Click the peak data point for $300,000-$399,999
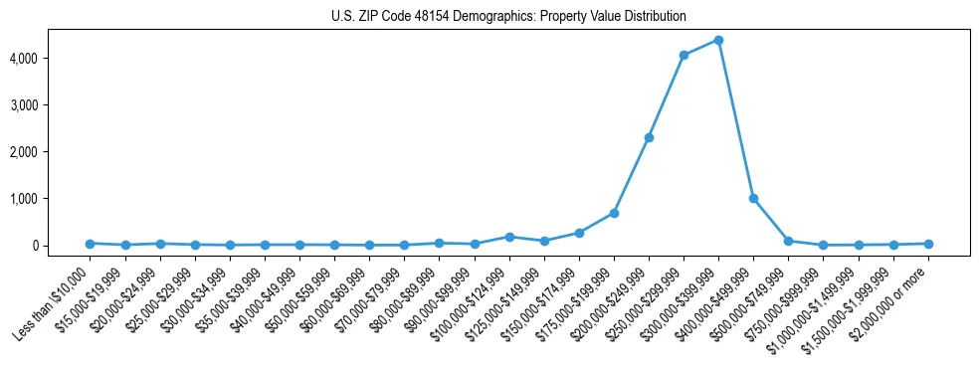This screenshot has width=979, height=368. (x=718, y=41)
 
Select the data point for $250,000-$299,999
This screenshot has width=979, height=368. (x=684, y=56)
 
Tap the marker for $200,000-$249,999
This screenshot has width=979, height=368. (x=649, y=137)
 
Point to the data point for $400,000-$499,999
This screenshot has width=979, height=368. (x=753, y=198)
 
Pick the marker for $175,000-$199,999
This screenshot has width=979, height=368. (x=614, y=213)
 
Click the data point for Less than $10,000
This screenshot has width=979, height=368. (x=90, y=243)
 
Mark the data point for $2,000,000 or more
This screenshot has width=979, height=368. (x=927, y=243)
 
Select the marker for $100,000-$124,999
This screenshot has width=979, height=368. (x=509, y=237)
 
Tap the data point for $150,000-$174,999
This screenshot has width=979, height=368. (x=579, y=233)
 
